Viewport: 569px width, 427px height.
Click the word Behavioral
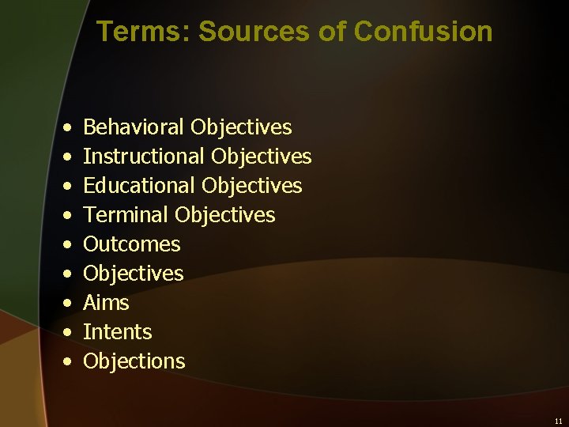pyautogui.click(x=134, y=127)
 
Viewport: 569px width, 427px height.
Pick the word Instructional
pyautogui.click(x=145, y=157)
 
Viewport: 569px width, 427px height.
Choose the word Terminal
pyautogui.click(x=126, y=215)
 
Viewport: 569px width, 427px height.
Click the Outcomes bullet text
pyautogui.click(x=132, y=244)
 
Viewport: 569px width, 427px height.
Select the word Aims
pyautogui.click(x=106, y=303)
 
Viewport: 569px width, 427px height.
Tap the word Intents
pyautogui.click(x=117, y=332)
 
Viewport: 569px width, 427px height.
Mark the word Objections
pyautogui.click(x=134, y=361)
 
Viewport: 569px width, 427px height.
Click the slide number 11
pyautogui.click(x=558, y=421)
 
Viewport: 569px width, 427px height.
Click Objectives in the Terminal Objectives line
pyautogui.click(x=225, y=215)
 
